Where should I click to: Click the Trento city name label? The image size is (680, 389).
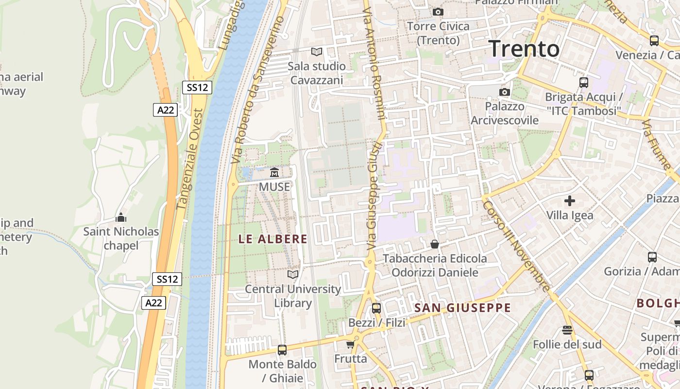524,49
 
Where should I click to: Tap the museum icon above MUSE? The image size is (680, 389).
274,173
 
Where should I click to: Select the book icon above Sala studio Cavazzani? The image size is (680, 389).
317,52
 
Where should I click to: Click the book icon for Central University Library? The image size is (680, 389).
293,275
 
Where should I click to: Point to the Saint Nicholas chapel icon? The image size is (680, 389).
121,217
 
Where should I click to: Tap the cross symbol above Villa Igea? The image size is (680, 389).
570,200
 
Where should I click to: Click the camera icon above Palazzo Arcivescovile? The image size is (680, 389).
505,92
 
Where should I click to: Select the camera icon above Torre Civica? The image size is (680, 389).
438,12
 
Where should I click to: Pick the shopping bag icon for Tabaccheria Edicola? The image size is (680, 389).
435,244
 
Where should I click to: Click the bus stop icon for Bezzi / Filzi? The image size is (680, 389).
376,308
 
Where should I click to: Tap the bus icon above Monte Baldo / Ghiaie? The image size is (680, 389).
282,350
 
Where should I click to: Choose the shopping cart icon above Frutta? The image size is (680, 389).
350,345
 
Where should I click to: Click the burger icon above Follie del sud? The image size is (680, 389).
567,330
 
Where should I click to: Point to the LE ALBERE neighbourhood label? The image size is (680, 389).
273,239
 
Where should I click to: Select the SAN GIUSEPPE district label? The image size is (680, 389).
462,308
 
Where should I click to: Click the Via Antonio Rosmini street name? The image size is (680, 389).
374,61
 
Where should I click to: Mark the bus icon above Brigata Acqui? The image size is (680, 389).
584,83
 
